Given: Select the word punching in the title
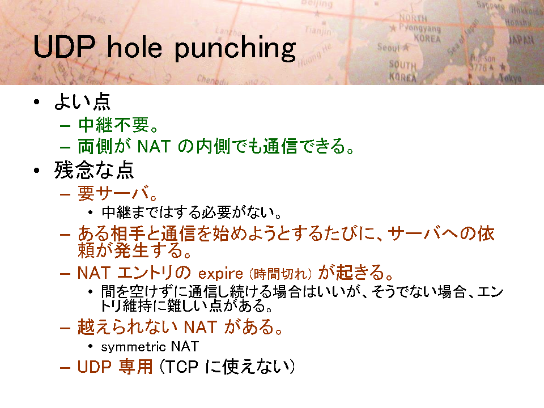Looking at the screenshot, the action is click(235, 49).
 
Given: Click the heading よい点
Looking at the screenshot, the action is click(82, 101).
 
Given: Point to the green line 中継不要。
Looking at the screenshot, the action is click(118, 125).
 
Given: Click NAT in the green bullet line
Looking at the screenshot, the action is click(154, 146).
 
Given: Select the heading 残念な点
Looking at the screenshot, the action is click(94, 170).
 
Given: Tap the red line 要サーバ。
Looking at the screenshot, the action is click(118, 193).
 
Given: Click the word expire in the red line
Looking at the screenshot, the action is click(220, 274).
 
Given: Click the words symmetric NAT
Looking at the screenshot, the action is click(150, 346).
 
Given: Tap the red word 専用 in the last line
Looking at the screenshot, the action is click(135, 367).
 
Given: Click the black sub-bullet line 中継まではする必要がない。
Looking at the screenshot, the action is click(192, 212).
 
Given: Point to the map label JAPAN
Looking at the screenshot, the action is click(521, 40).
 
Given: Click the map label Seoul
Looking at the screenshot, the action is click(389, 47).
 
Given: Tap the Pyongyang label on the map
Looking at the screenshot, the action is click(420, 28).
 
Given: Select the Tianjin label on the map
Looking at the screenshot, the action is click(318, 31).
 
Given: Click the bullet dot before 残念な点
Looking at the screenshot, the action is click(37, 171).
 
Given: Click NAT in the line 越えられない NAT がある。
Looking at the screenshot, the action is click(200, 327).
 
